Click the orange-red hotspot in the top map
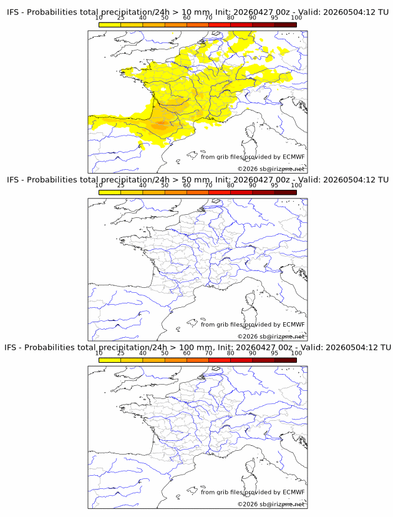tap(162, 123)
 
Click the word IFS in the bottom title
tap(11, 348)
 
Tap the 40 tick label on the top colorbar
tap(143, 18)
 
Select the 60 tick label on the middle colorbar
tap(187, 185)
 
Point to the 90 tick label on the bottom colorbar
tap(253, 353)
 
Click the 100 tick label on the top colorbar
tap(296, 18)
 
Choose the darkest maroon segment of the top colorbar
tap(286, 25)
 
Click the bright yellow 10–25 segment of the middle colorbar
tap(110, 192)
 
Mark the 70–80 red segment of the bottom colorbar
tap(220, 360)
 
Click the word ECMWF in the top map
tap(294, 157)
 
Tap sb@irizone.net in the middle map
tap(282, 337)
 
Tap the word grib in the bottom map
tap(223, 493)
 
